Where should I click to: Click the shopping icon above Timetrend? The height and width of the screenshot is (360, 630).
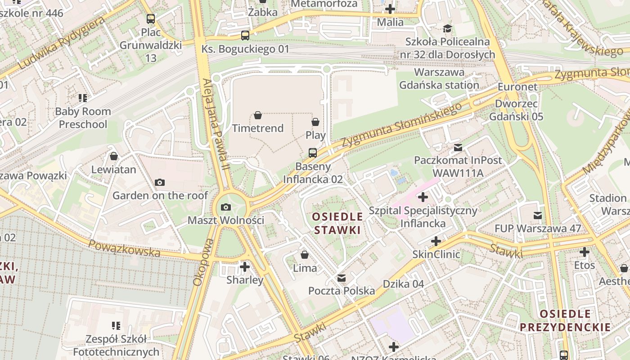pos(258,116)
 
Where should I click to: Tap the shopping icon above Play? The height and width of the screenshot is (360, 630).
pos(315,122)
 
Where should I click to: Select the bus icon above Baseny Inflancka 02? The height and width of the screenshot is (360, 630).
pos(313,153)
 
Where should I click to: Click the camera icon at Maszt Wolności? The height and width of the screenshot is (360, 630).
pos(226,207)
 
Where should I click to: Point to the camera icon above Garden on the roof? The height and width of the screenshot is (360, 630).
pos(159,182)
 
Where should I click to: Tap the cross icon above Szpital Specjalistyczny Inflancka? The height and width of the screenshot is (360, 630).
pos(423,197)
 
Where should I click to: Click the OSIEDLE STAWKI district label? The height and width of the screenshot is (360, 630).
pos(337,223)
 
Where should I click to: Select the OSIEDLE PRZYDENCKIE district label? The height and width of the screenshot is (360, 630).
pos(565,320)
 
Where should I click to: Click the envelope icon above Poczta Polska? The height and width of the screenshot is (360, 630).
pos(342,278)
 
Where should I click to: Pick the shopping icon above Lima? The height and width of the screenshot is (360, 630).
pos(305,255)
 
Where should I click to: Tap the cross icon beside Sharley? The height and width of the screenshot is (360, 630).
pos(245,267)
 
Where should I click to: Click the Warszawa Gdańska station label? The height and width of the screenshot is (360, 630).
pos(439,78)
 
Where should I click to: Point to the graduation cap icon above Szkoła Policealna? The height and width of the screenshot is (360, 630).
pos(447,29)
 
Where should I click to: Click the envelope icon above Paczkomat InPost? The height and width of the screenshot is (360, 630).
pos(458,147)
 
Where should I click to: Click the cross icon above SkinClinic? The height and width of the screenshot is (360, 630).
pos(436,241)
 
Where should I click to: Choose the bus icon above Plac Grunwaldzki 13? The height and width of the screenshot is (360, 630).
pos(151,19)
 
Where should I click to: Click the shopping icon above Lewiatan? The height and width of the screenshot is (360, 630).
pos(114,156)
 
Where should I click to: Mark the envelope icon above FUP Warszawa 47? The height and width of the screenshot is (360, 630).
pos(538,215)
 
